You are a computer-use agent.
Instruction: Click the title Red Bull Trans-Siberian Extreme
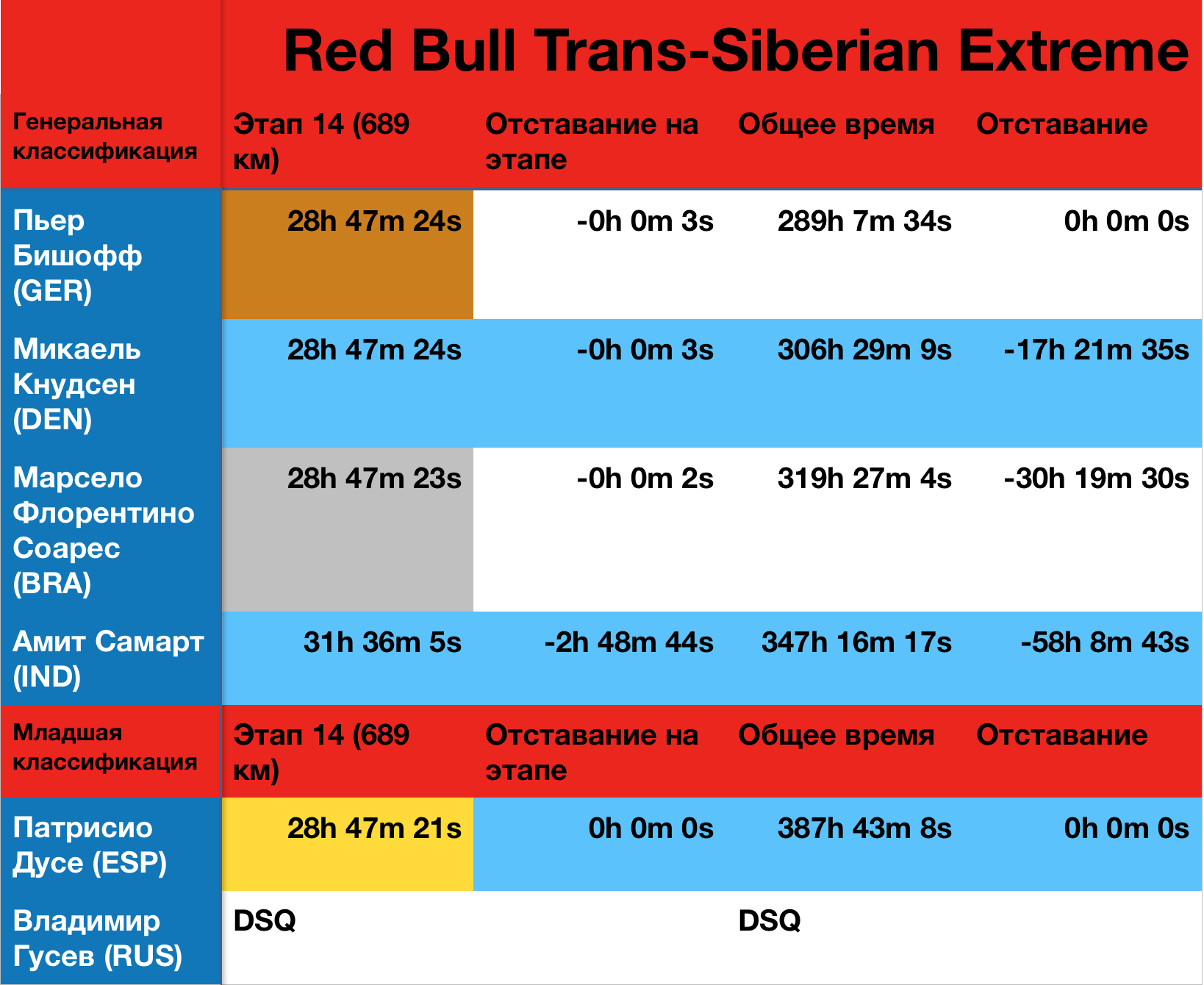[x=735, y=51]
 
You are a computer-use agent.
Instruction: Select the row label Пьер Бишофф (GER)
[x=77, y=255]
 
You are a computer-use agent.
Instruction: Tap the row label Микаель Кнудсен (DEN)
[x=77, y=384]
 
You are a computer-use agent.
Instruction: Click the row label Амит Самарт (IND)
[x=108, y=659]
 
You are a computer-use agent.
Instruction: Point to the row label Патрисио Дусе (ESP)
[x=90, y=845]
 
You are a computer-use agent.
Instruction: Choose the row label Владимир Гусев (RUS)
[x=97, y=938]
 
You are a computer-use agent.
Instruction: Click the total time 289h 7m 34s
[x=864, y=221]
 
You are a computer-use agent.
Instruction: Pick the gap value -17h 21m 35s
[x=1095, y=350]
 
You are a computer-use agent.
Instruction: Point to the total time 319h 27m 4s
[x=864, y=479]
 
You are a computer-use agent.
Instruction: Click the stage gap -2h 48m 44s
[x=628, y=642]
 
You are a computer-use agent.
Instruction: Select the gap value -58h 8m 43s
[x=1104, y=642]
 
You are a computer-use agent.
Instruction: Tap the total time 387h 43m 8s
[x=864, y=828]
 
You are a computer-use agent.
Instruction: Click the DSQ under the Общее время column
[x=769, y=920]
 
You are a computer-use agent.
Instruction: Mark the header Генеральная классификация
[x=104, y=136]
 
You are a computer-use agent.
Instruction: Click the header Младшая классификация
[x=104, y=747]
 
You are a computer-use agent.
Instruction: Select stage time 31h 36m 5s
[x=382, y=642]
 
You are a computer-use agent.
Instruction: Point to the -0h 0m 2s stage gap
[x=645, y=479]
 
